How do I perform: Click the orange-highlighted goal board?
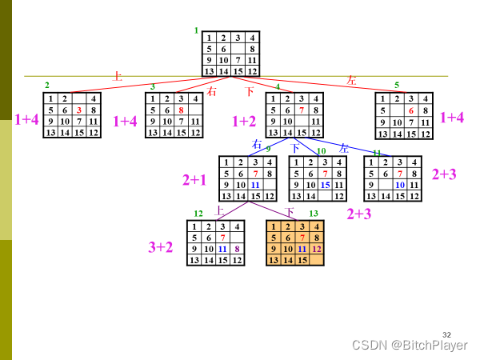(294, 243)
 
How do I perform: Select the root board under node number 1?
(230, 54)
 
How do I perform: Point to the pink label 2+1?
(194, 180)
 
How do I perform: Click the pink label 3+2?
(160, 247)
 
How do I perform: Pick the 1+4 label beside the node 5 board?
(453, 118)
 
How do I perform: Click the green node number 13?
(314, 214)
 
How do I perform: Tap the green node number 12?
(198, 214)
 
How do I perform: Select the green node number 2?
(47, 85)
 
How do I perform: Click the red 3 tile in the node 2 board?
(79, 110)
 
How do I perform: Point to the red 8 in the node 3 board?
(182, 110)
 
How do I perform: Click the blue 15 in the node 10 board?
(326, 185)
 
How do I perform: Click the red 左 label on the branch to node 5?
(350, 80)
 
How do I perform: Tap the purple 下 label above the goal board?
(290, 212)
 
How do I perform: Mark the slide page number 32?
(446, 334)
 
